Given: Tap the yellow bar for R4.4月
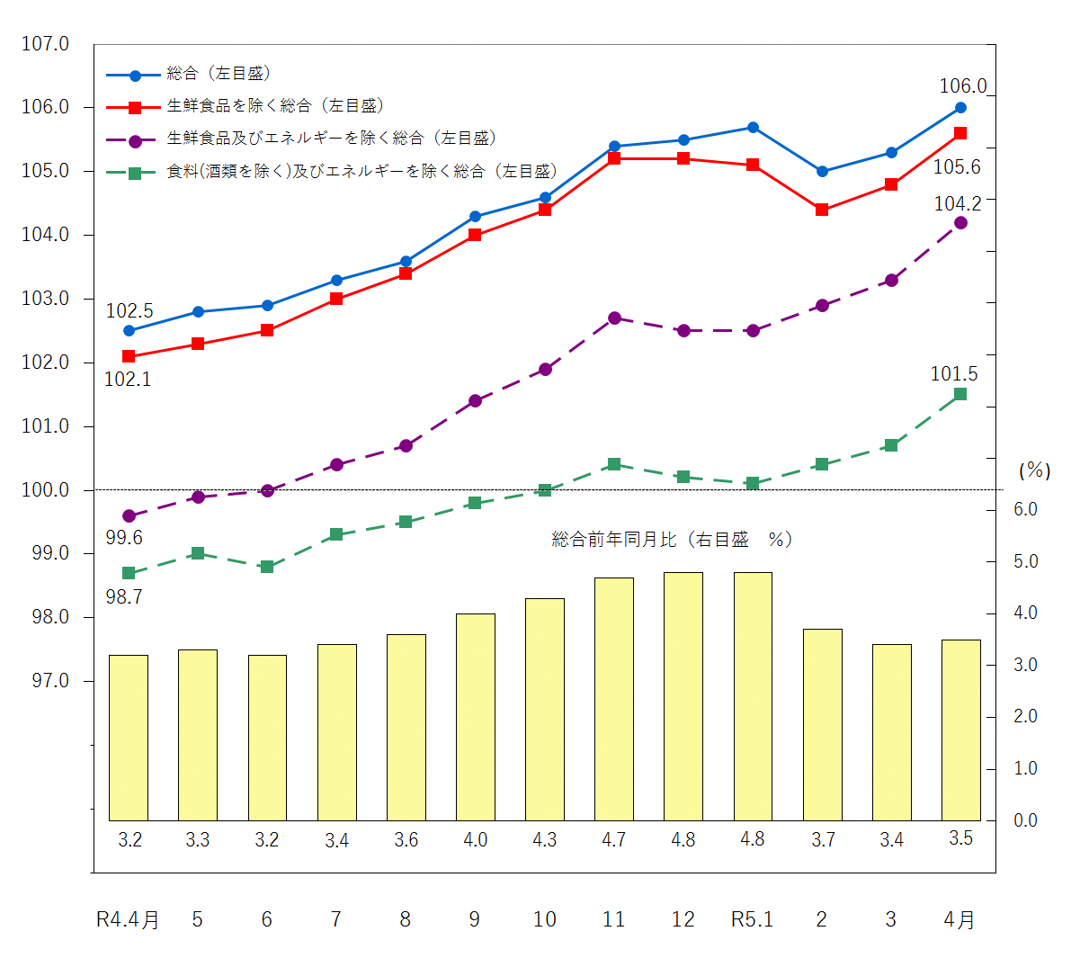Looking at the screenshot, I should point(129,738).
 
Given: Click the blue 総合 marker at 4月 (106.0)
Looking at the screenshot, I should point(960,108).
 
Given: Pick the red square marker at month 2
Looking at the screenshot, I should point(822,210).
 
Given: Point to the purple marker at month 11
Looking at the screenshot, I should point(614,318).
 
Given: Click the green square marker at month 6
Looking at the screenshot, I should point(267,567).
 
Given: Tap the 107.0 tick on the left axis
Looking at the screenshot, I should point(46,43).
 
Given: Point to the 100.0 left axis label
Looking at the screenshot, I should point(46,490).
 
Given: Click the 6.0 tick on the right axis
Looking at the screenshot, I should point(1025,510).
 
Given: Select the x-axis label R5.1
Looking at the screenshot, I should point(753,919).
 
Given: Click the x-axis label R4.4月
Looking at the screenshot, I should point(128,919).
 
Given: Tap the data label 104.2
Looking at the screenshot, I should point(958,204).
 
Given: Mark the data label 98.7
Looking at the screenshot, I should point(124,597).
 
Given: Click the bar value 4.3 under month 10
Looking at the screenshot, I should point(545,840).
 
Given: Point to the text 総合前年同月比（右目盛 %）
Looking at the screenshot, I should point(672,540).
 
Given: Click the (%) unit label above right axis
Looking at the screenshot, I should point(1034,470).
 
